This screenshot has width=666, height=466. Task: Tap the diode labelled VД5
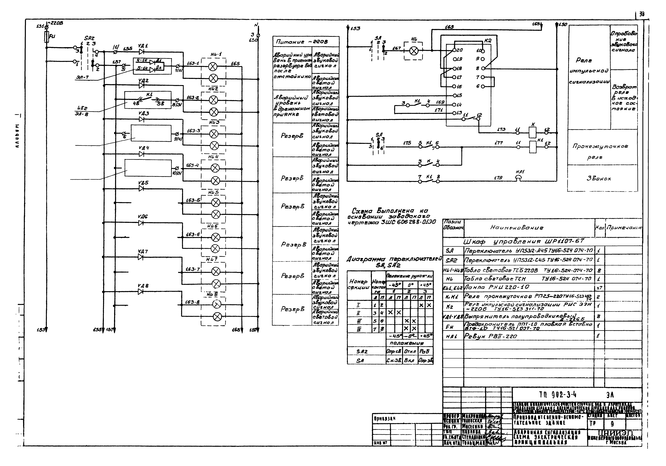point(141,188)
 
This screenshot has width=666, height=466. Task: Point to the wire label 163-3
point(193,131)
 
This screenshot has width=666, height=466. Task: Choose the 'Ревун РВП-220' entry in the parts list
point(490,336)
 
